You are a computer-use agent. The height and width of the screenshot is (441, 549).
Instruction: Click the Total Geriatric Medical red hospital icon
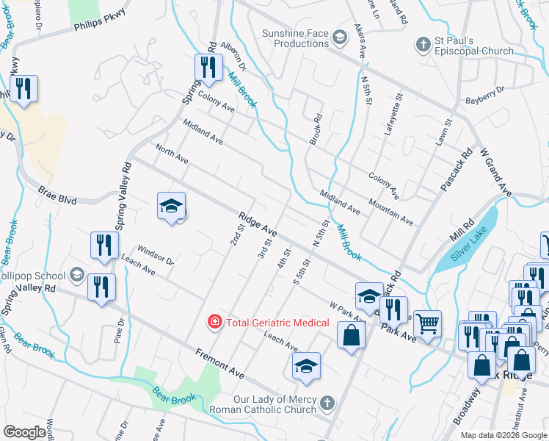pos(214,321)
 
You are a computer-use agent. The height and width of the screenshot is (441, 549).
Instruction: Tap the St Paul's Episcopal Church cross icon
pos(423,45)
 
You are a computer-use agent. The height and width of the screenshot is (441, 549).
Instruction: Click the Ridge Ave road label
pos(256,223)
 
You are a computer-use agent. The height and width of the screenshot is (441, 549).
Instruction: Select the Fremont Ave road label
pos(219,363)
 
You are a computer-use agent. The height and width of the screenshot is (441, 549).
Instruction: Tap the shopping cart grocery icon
pos(427,322)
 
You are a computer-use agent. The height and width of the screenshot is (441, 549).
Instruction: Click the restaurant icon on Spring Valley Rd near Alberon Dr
pos(208,68)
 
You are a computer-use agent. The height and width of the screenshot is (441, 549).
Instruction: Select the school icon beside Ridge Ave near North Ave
pos(171,207)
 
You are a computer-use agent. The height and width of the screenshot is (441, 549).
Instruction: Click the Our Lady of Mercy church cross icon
pos(327,403)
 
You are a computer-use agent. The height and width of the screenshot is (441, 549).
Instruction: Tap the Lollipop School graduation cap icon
pos(76,275)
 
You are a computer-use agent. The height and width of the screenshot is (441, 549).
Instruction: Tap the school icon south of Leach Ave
pos(306,366)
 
